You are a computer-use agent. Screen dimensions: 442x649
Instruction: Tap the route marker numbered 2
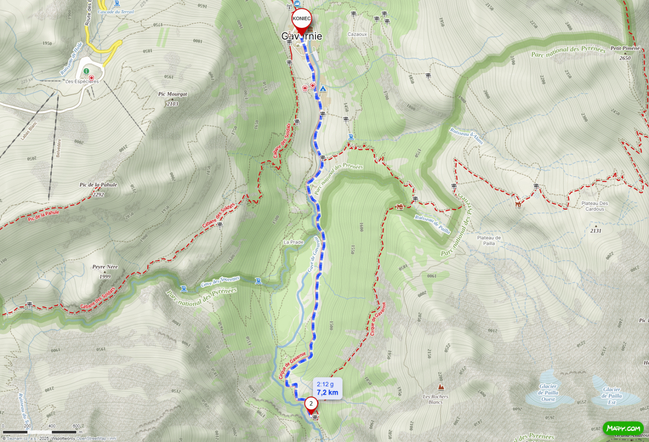pos(311,404)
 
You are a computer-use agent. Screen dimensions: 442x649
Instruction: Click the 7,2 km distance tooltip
pos(328,388)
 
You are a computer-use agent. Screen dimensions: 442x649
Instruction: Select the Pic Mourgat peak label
pos(172,94)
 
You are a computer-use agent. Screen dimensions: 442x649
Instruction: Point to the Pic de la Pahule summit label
pos(98,185)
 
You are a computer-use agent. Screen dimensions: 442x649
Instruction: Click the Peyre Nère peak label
pos(105,267)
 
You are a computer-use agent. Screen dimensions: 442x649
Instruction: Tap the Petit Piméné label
pos(625,48)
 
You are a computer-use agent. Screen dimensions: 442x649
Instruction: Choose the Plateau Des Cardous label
pos(595,206)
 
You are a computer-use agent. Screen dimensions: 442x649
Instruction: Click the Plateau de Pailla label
pos(489,240)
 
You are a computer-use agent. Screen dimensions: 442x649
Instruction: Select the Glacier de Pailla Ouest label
pos(548,392)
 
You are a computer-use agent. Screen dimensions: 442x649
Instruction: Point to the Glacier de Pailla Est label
pos(612,396)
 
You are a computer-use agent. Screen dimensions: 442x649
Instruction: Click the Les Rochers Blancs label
pos(435,399)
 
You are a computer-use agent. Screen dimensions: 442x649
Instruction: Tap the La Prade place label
pos(293,243)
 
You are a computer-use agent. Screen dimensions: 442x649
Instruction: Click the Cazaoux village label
pos(357,34)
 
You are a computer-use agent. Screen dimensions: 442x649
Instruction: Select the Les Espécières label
pos(82,82)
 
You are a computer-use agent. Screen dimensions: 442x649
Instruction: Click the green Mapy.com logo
pos(624,429)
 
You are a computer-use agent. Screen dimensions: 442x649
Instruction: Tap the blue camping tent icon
pos(323,88)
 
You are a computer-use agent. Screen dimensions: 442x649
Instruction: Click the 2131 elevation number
pos(596,231)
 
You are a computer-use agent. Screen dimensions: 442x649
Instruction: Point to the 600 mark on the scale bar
pos(76,426)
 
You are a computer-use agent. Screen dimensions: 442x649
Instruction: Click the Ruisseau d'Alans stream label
pos(466,136)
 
